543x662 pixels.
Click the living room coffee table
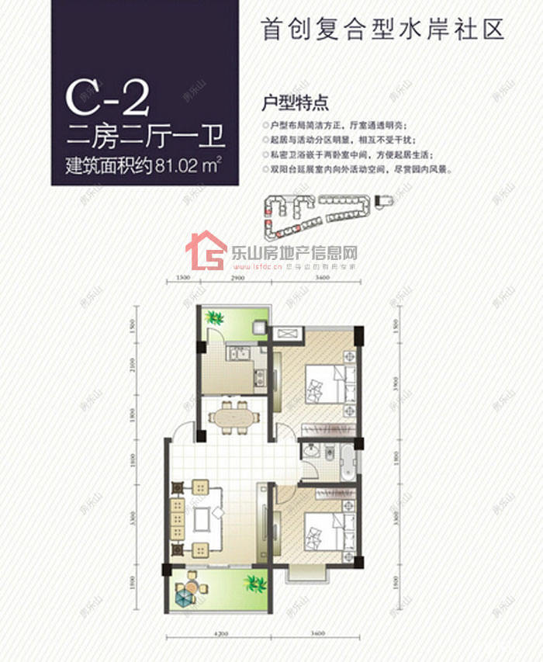coord(206,518)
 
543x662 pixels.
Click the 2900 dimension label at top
coord(238,277)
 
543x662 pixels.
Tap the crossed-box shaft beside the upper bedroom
coord(285,333)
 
